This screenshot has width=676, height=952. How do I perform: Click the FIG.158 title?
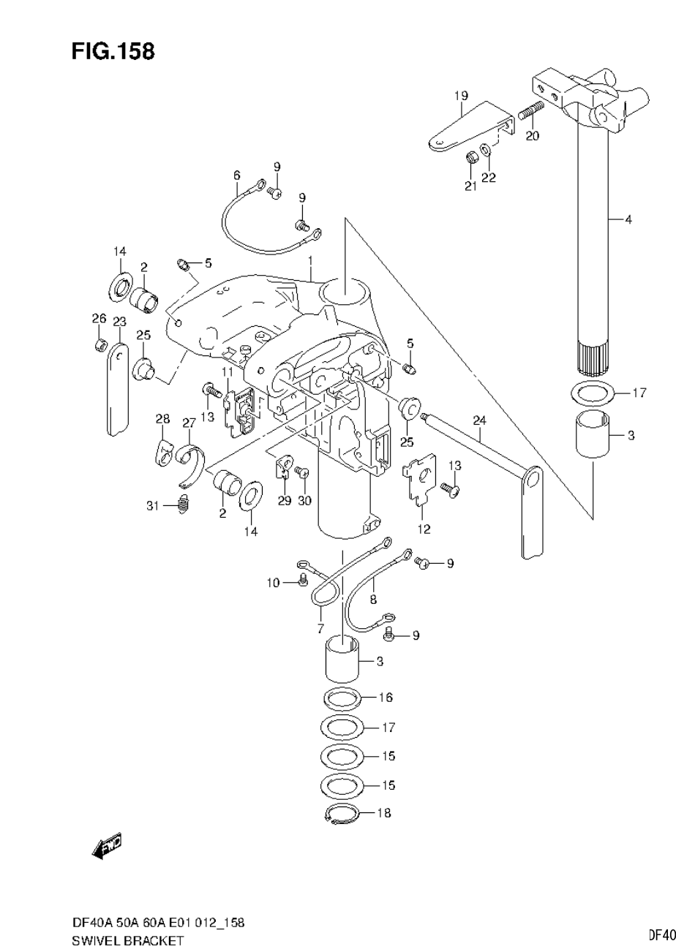click(113, 51)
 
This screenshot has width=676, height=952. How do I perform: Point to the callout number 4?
click(628, 219)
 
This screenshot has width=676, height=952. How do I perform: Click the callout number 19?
click(460, 96)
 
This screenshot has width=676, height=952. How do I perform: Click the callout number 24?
click(479, 420)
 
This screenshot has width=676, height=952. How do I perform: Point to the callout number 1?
click(310, 260)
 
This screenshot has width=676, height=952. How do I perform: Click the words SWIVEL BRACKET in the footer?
click(128, 941)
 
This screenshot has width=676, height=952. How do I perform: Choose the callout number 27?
click(189, 422)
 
